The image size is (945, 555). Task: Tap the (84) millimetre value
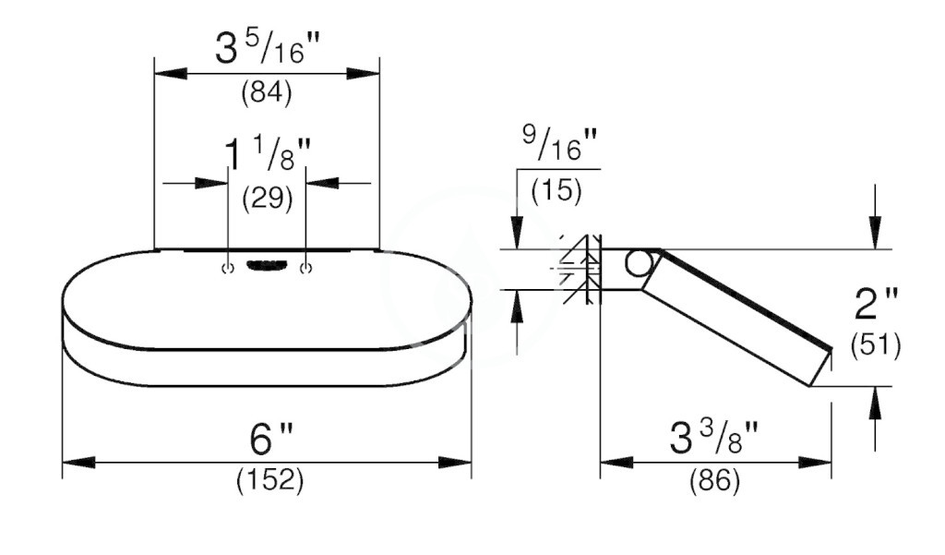pyautogui.click(x=267, y=93)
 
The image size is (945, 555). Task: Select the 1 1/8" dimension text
pyautogui.click(x=268, y=154)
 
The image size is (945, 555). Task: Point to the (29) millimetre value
pyautogui.click(x=267, y=198)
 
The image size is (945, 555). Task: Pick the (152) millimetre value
pyautogui.click(x=270, y=479)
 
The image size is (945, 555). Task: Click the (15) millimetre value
pyautogui.click(x=556, y=190)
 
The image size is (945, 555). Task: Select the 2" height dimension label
pyautogui.click(x=876, y=304)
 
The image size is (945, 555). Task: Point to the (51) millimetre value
pyautogui.click(x=876, y=345)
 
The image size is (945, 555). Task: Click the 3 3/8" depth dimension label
pyautogui.click(x=713, y=438)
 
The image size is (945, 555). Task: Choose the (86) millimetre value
pyautogui.click(x=715, y=480)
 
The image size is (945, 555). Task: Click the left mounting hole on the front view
pyautogui.click(x=228, y=269)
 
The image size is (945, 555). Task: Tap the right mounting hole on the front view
pyautogui.click(x=306, y=269)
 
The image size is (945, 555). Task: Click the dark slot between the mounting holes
pyautogui.click(x=266, y=265)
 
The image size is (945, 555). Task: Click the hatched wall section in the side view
pyautogui.click(x=581, y=269)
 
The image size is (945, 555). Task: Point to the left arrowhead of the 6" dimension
pyautogui.click(x=78, y=462)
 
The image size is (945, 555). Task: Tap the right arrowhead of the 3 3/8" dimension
pyautogui.click(x=816, y=463)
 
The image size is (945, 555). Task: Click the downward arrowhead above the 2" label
pyautogui.click(x=875, y=233)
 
